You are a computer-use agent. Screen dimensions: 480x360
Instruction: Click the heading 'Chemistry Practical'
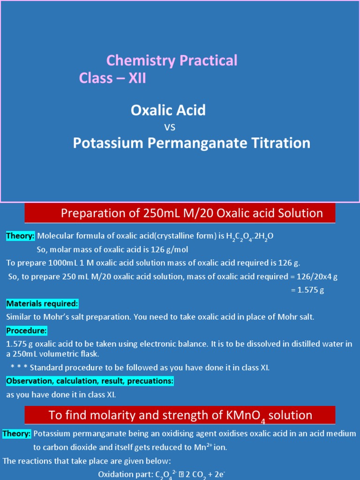pyautogui.click(x=172, y=60)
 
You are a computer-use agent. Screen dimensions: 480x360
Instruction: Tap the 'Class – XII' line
pyautogui.click(x=112, y=78)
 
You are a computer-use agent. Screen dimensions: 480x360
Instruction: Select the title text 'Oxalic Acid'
pyautogui.click(x=168, y=111)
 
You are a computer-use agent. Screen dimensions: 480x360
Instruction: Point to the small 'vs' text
pyautogui.click(x=170, y=127)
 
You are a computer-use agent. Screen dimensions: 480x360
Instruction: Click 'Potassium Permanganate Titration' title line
pyautogui.click(x=191, y=143)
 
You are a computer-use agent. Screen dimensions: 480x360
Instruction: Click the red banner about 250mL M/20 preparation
pyautogui.click(x=180, y=214)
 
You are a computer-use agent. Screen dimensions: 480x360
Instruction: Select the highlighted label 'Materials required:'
pyautogui.click(x=42, y=303)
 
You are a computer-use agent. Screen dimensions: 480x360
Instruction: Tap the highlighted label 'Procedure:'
pyautogui.click(x=27, y=331)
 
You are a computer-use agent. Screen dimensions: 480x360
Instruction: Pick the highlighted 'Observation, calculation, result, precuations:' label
pyautogui.click(x=90, y=381)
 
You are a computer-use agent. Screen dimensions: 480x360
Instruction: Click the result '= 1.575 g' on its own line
pyautogui.click(x=307, y=290)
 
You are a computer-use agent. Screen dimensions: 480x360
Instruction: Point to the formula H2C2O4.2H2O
pyautogui.click(x=250, y=237)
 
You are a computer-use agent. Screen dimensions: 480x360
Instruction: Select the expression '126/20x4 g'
pyautogui.click(x=315, y=277)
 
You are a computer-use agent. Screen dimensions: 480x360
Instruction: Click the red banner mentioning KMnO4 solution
pyautogui.click(x=180, y=415)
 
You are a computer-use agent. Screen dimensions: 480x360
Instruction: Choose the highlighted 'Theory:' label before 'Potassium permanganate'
pyautogui.click(x=17, y=434)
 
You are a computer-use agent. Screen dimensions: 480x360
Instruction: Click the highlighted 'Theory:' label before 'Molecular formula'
pyautogui.click(x=21, y=236)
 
